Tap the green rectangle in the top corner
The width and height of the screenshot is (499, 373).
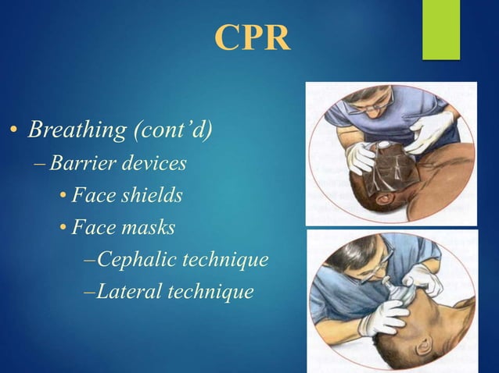coord(441,29)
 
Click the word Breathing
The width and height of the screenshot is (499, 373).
coord(67,129)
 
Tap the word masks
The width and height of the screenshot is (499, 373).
coord(146,227)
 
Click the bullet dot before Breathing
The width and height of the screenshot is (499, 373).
coord(14,130)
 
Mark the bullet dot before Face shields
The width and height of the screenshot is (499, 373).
coord(63,197)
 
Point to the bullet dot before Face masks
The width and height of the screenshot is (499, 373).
coord(63,229)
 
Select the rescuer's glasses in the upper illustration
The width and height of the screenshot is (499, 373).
coord(361,106)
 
